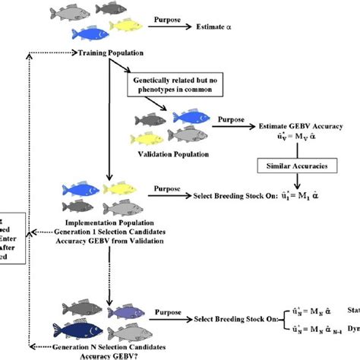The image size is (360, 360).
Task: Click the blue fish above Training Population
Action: (89, 34)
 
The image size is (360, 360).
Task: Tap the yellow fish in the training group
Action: (128, 27)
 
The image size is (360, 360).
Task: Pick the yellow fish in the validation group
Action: (149, 137)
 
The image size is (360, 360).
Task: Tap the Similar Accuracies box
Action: (296, 166)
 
